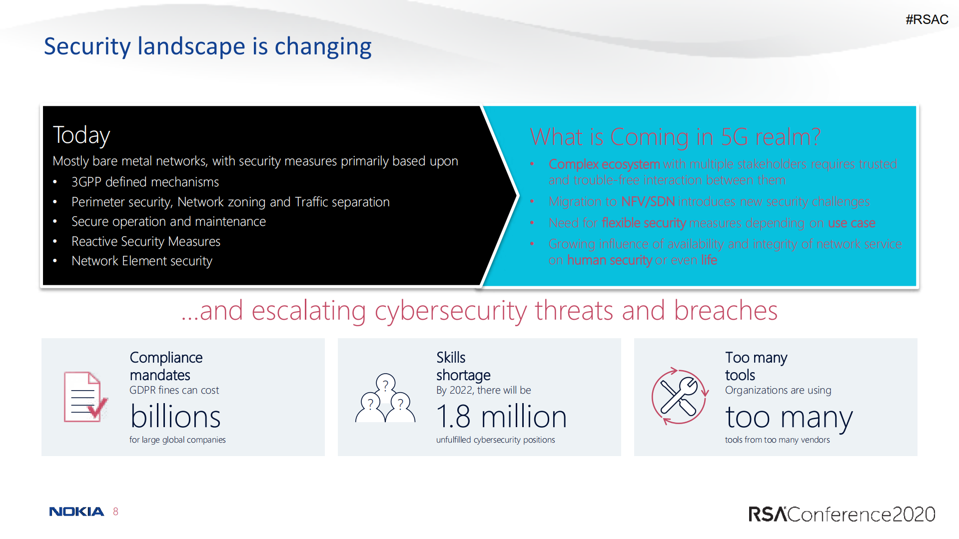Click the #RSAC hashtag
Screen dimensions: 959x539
(927, 19)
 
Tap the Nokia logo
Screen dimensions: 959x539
(76, 512)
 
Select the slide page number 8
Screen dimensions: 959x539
(115, 512)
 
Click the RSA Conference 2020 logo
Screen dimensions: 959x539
(842, 514)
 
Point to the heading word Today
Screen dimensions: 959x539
(81, 135)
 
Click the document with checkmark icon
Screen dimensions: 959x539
(85, 397)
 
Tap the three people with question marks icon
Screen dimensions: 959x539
(385, 398)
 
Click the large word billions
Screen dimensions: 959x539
(175, 417)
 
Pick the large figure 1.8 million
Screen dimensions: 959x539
(502, 417)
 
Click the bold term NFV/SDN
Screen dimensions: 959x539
(648, 201)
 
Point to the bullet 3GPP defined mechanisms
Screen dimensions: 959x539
(145, 182)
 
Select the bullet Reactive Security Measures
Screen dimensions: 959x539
(146, 241)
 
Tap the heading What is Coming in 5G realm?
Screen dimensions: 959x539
(675, 136)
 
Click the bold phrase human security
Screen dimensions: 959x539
(610, 260)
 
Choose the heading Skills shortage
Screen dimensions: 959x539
(463, 366)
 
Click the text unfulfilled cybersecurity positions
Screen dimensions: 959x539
(496, 440)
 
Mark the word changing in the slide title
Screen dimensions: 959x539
(323, 47)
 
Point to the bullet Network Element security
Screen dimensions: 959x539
(142, 261)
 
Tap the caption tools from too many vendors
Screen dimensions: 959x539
(778, 440)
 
